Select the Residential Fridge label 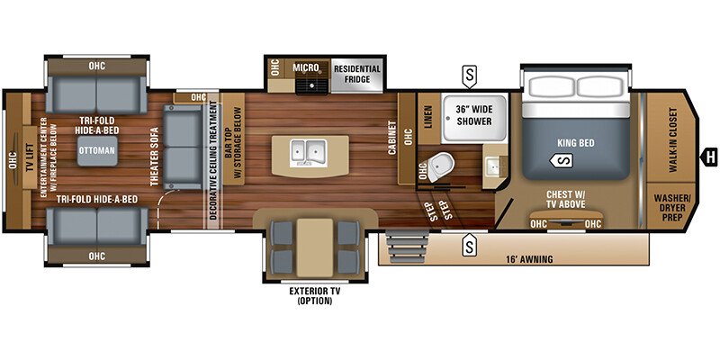(x=357, y=74)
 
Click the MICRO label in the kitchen (x=308, y=67)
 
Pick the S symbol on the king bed (x=562, y=160)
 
